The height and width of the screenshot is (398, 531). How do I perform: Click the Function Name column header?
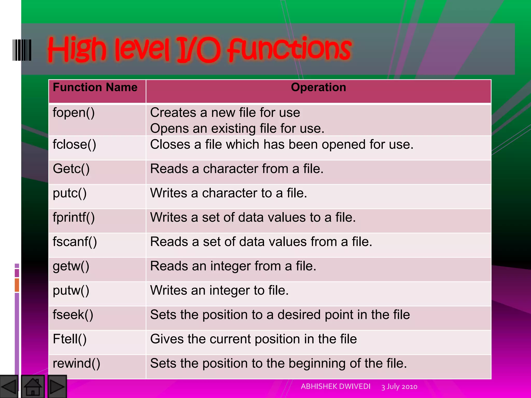point(95,88)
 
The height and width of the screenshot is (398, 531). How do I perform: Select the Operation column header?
point(318,88)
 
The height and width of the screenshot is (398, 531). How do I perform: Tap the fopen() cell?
point(74,113)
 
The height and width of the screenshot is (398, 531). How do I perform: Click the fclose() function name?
point(74,145)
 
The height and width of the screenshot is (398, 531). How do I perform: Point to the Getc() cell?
point(71,169)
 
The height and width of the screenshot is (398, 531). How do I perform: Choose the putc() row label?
point(69,193)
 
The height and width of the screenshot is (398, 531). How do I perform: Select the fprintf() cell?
point(74,218)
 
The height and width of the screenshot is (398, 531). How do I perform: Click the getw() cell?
point(71,266)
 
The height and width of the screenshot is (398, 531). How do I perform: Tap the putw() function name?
point(71,290)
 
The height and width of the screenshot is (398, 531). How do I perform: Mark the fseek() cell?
point(73,315)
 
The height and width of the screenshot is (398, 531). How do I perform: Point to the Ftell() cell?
point(69,339)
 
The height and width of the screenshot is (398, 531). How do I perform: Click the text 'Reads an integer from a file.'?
point(233,266)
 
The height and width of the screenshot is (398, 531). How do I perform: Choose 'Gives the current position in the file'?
point(253,339)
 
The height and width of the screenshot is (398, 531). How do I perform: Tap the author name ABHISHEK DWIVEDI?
point(336,387)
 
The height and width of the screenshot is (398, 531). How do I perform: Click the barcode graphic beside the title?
point(22,50)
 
